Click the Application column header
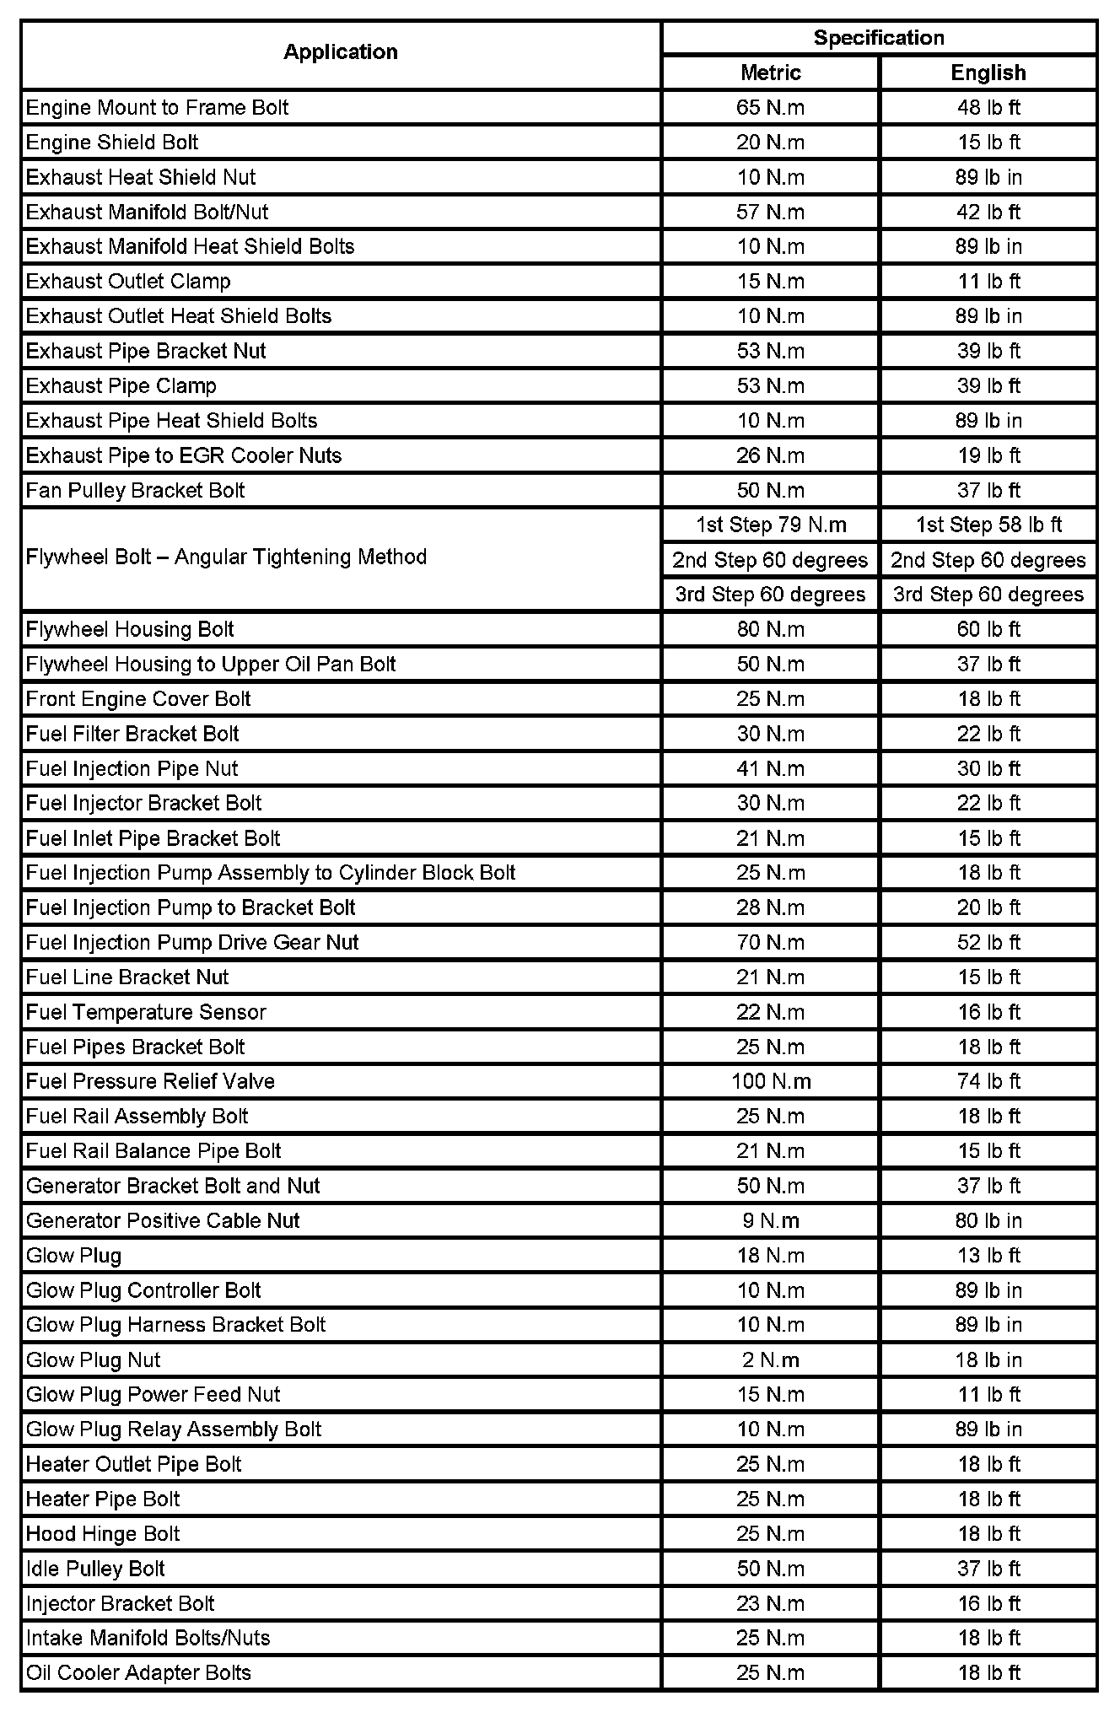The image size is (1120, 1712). (340, 52)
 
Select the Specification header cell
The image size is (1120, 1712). (879, 38)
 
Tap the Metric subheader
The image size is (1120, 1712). (770, 73)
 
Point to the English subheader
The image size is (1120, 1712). (988, 73)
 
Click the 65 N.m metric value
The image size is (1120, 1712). (770, 108)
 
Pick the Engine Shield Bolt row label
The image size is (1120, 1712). (112, 143)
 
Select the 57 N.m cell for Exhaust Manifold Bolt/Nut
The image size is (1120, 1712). (770, 212)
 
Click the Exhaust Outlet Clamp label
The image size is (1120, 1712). (128, 282)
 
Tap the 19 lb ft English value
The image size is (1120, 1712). (988, 456)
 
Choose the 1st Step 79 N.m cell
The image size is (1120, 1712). (770, 525)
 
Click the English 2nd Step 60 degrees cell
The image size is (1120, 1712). (988, 561)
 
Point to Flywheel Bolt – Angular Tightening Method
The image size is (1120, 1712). (226, 557)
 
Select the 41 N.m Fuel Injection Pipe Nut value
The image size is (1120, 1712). (770, 769)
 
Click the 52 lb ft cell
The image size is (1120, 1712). (988, 943)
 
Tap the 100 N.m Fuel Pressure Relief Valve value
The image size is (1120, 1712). (770, 1082)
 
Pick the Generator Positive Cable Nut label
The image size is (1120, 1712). (163, 1221)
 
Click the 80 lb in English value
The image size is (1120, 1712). (988, 1221)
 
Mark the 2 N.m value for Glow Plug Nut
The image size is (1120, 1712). (770, 1360)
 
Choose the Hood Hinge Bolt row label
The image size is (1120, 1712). (103, 1534)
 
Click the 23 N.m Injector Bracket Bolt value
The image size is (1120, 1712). (770, 1603)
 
